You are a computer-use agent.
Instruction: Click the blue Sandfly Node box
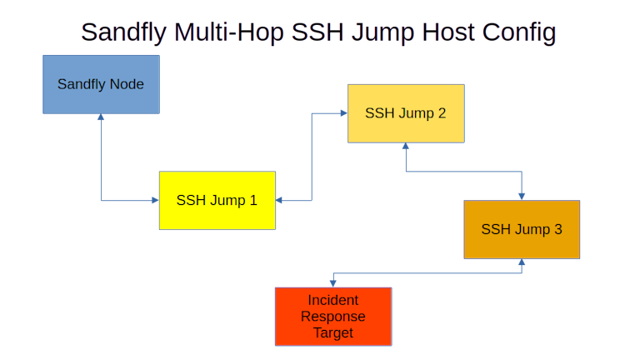tap(101, 84)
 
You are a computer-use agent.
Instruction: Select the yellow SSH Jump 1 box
tap(217, 200)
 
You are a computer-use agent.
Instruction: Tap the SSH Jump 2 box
tap(406, 113)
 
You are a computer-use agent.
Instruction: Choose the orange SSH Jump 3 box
tap(522, 229)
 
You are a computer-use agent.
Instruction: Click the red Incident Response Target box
tap(333, 317)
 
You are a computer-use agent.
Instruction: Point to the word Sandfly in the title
tap(125, 32)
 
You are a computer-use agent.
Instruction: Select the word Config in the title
tap(517, 32)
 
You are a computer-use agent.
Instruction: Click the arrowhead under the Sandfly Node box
tap(102, 118)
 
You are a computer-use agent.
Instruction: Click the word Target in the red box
tap(333, 333)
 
